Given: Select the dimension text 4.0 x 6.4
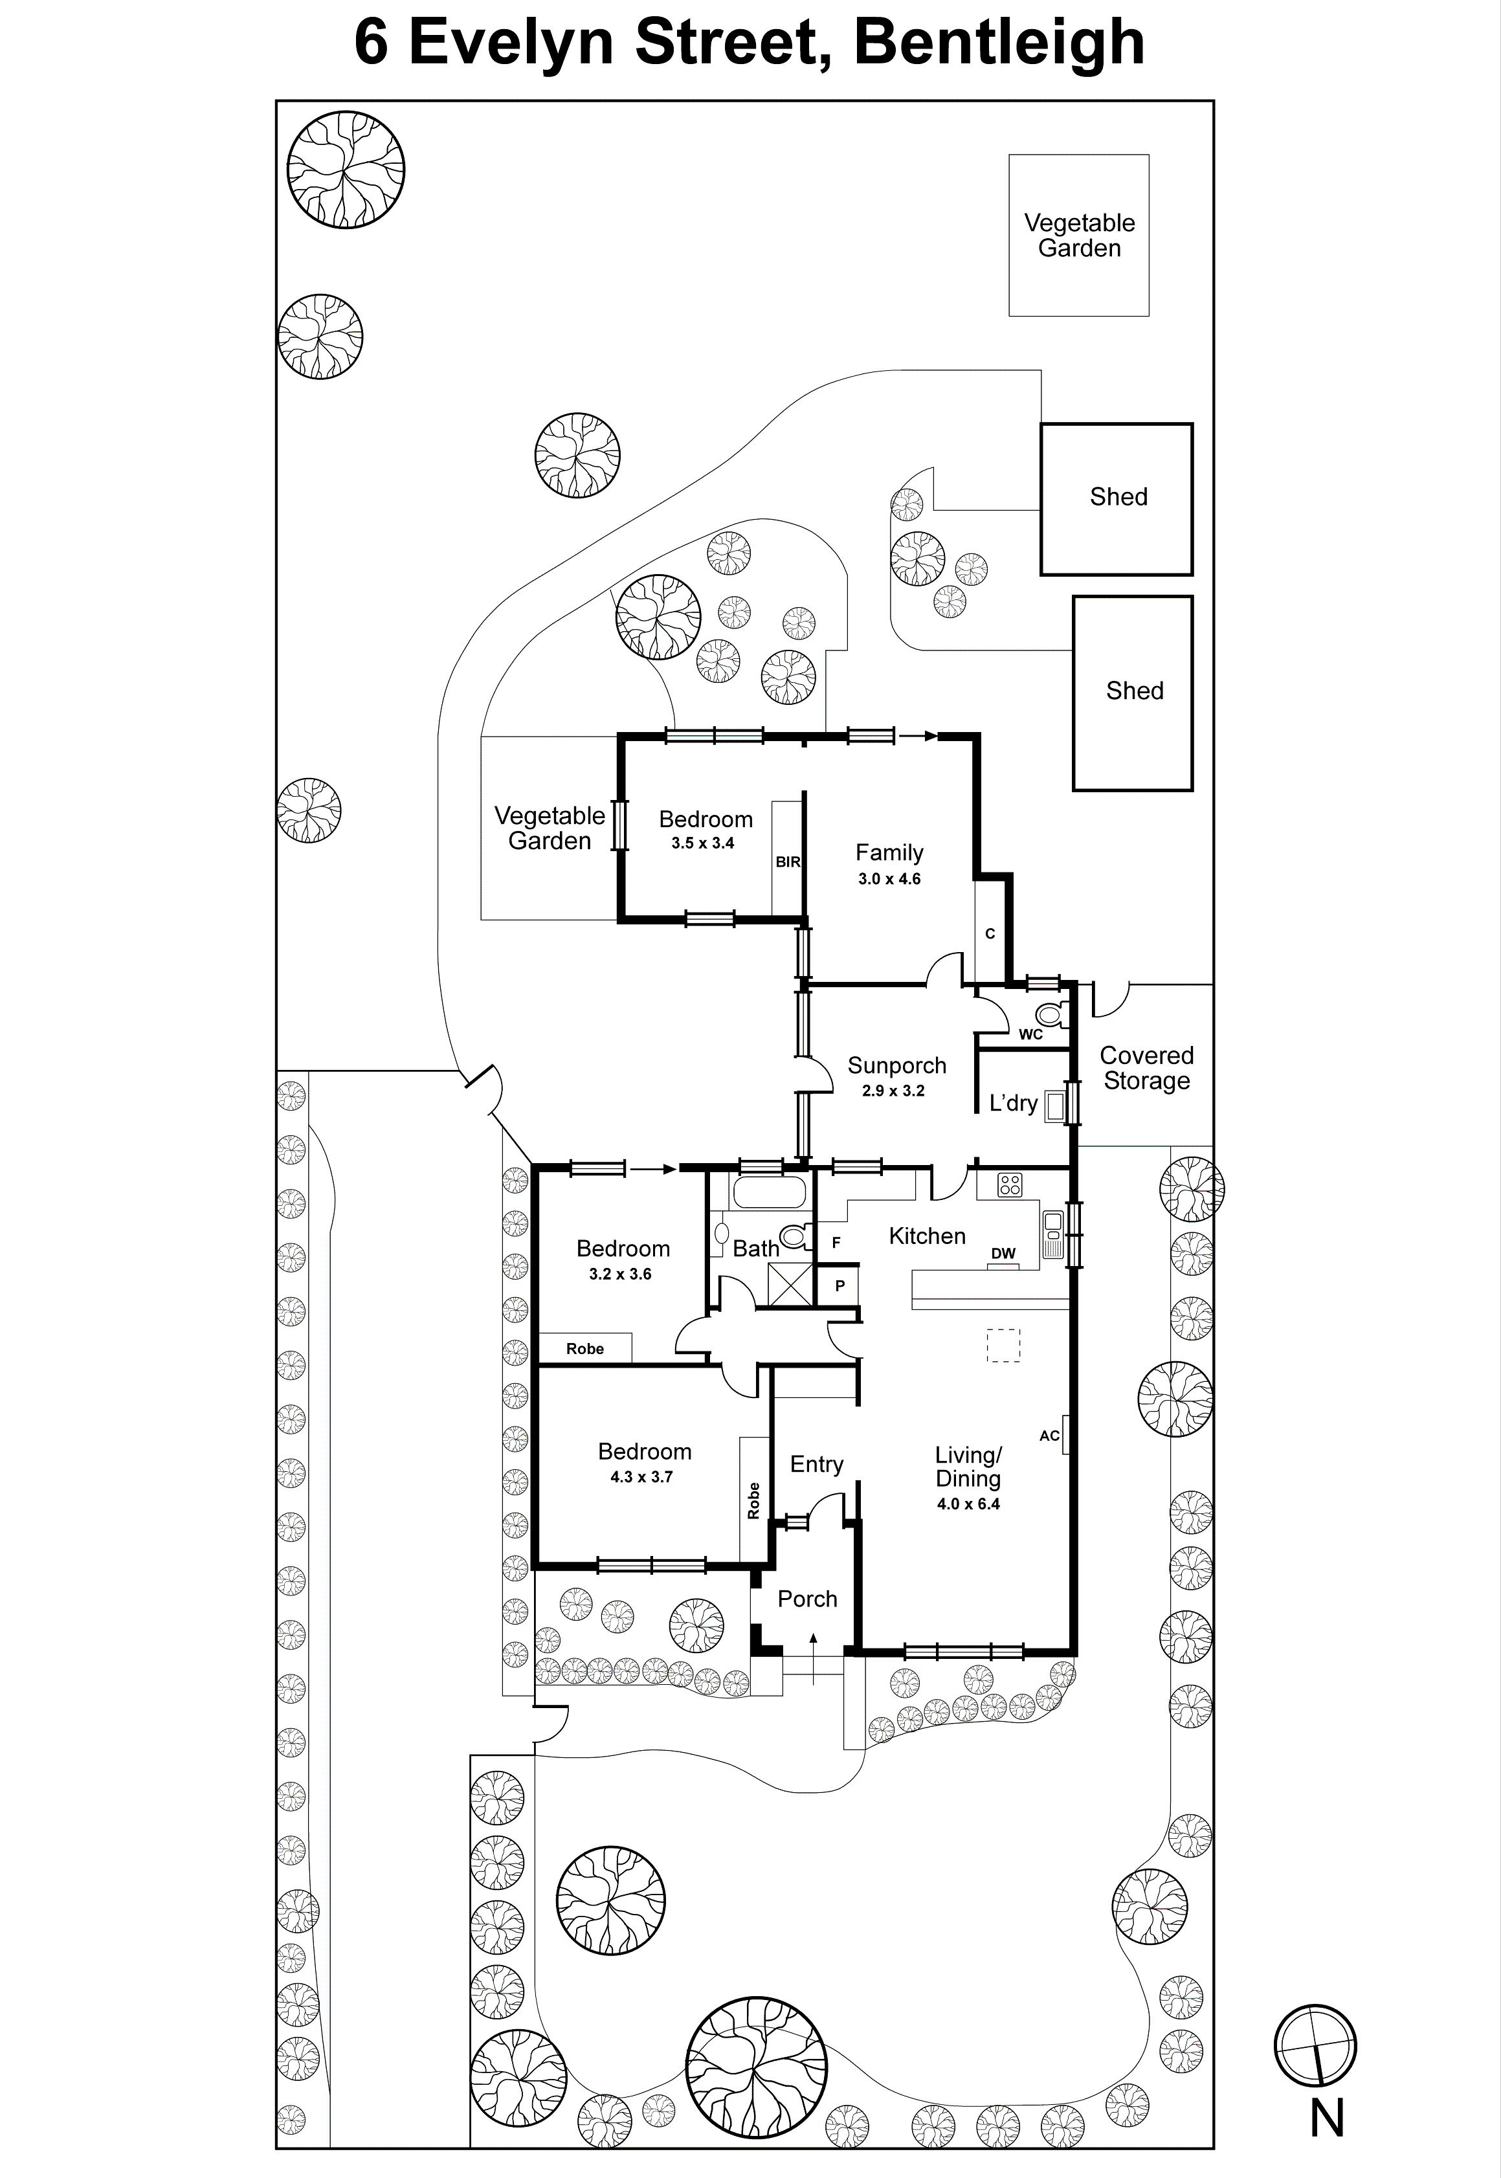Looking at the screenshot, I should point(968,1504).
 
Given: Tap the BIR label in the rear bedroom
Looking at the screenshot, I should point(787,861).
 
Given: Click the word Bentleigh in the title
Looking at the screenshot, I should point(999,42).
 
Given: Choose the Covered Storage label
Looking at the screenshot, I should point(1146,1069).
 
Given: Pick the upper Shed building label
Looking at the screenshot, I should point(1118,496).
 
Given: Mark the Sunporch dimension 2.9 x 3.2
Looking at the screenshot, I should point(893,1091).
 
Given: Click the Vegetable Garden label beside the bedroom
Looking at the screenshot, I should point(550,828).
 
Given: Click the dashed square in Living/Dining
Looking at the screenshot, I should point(1003,1345).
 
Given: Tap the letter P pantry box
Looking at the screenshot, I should point(840,1285).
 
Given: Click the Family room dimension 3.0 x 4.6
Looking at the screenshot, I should point(889,879).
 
